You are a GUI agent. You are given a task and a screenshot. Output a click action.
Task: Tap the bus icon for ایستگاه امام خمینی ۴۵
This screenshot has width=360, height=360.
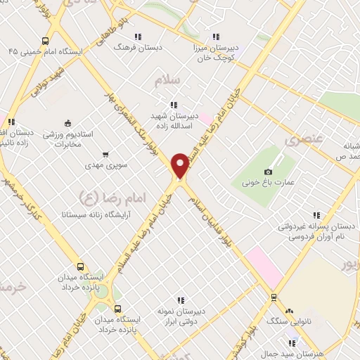click(46, 41)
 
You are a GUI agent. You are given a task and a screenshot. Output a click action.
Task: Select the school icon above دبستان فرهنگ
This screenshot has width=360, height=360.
click(139, 37)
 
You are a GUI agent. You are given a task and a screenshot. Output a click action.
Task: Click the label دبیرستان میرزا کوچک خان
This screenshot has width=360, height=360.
click(217, 53)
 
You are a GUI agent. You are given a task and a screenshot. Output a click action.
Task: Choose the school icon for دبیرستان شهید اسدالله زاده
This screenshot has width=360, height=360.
click(173, 105)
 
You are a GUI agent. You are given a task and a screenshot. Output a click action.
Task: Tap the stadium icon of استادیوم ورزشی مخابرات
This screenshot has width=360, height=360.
click(67, 122)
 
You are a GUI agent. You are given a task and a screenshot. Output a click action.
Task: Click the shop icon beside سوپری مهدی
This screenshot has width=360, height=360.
click(105, 154)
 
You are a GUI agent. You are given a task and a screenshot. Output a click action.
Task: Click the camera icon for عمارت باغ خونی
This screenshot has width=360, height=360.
click(268, 172)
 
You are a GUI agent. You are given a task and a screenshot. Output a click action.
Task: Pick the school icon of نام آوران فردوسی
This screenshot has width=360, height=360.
click(316, 215)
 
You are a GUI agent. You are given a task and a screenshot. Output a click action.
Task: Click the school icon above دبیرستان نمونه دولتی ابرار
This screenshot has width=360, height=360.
click(181, 300)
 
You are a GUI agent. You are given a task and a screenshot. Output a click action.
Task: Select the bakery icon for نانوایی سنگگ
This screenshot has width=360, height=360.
click(289, 310)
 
